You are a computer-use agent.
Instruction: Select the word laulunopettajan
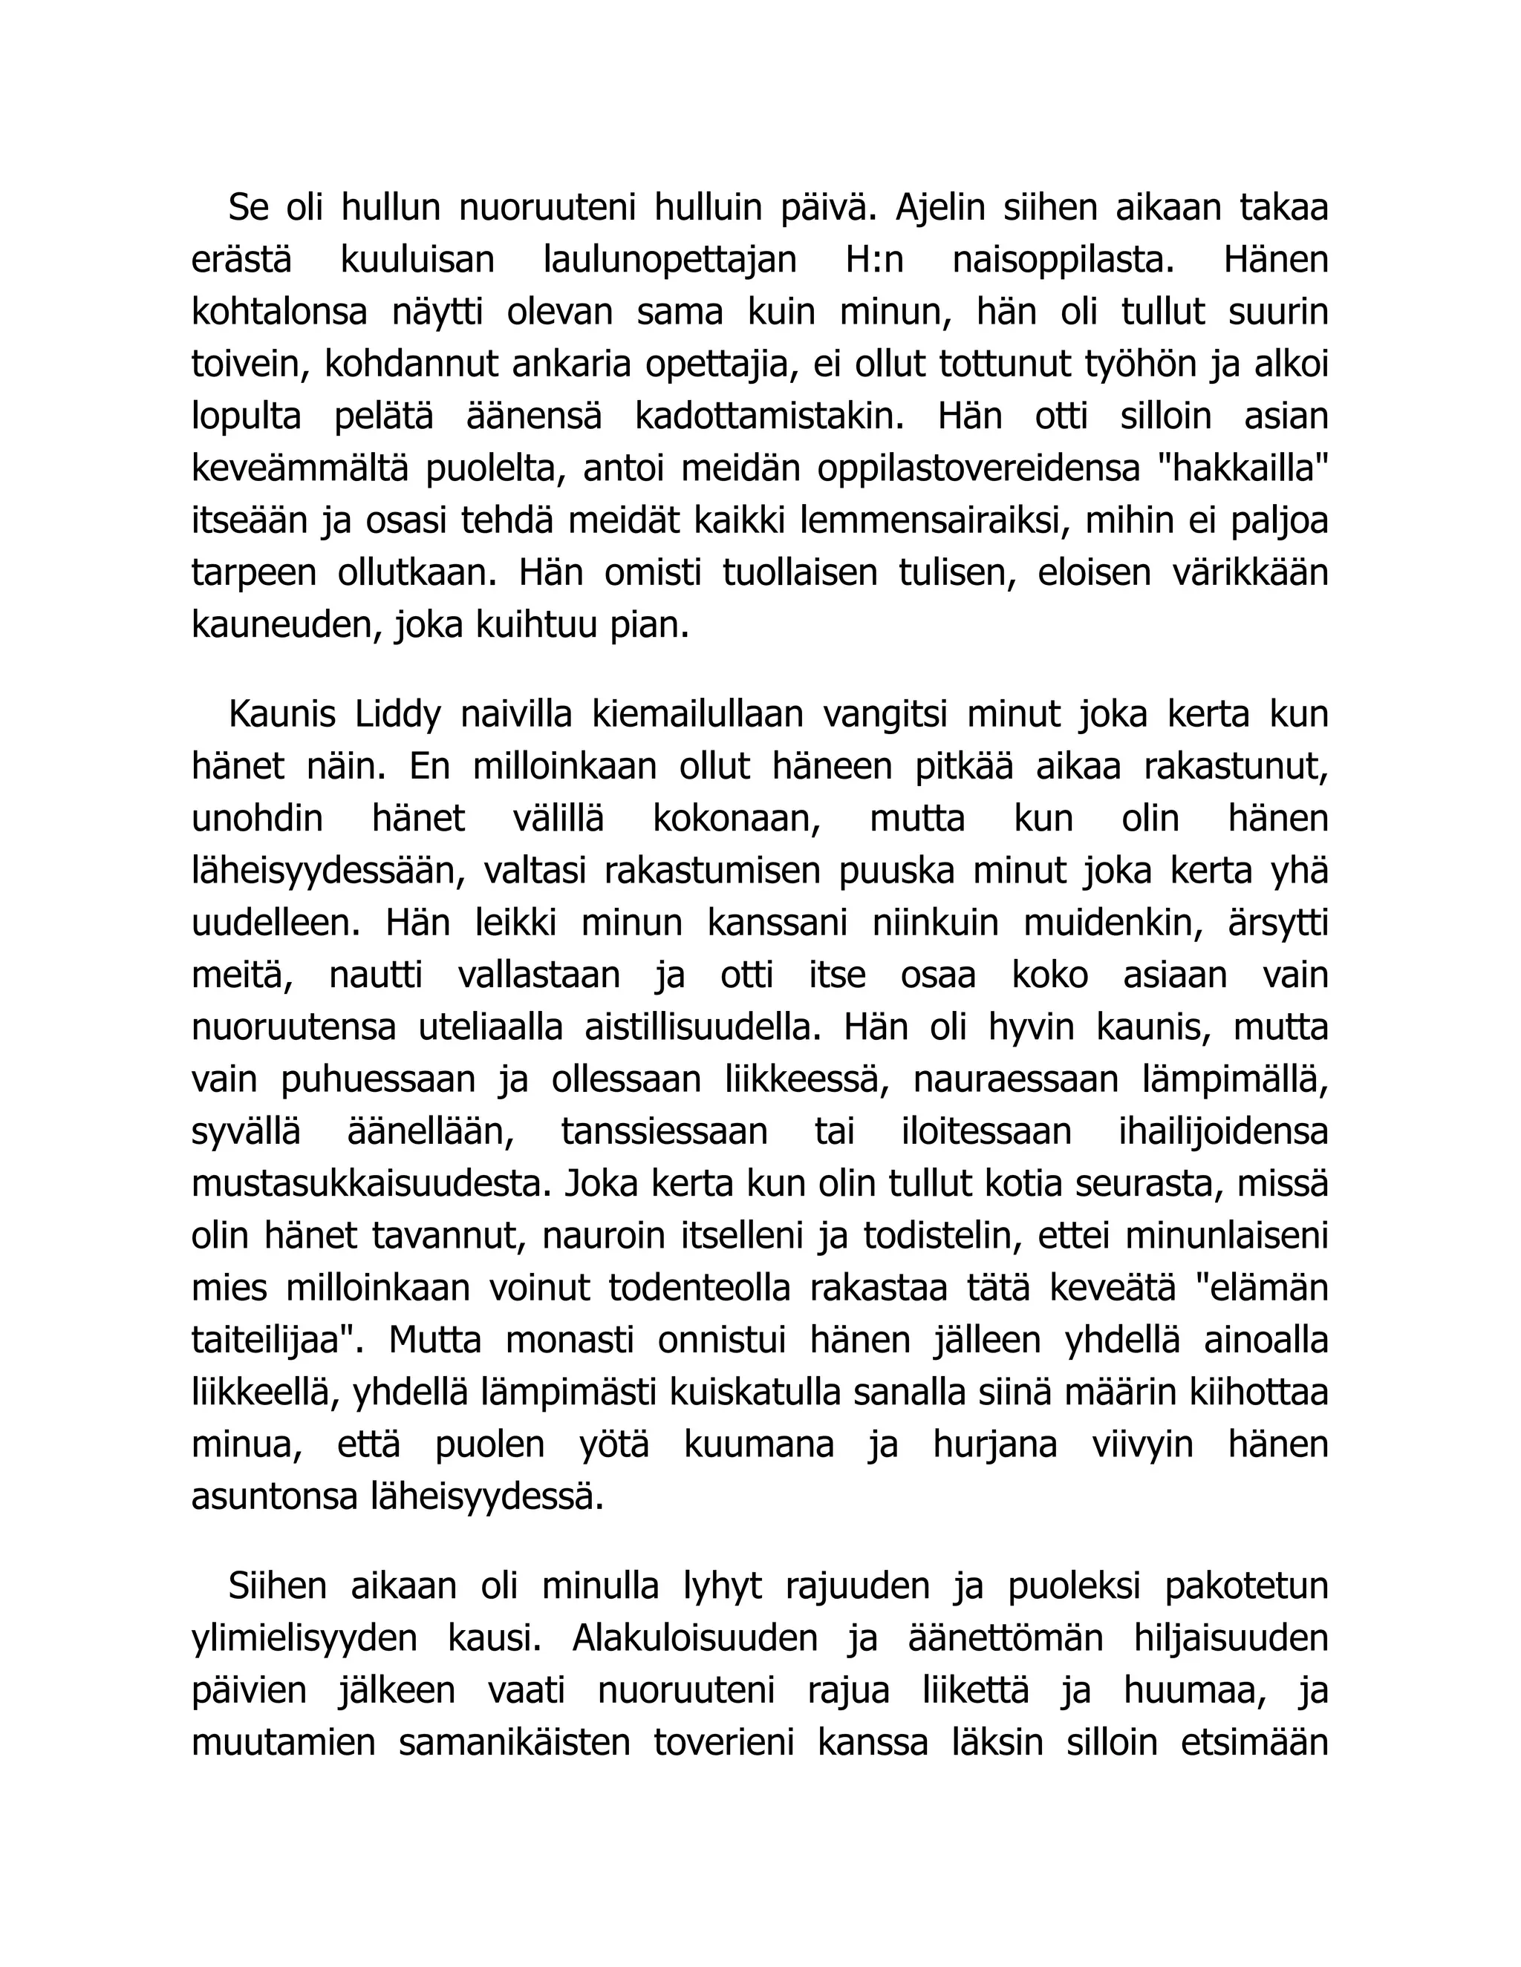(x=671, y=261)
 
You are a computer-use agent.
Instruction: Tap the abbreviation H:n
(x=874, y=261)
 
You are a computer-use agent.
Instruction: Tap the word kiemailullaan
(x=697, y=715)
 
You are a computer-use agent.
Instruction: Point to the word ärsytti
(x=1277, y=924)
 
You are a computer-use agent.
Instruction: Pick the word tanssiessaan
(x=664, y=1132)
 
